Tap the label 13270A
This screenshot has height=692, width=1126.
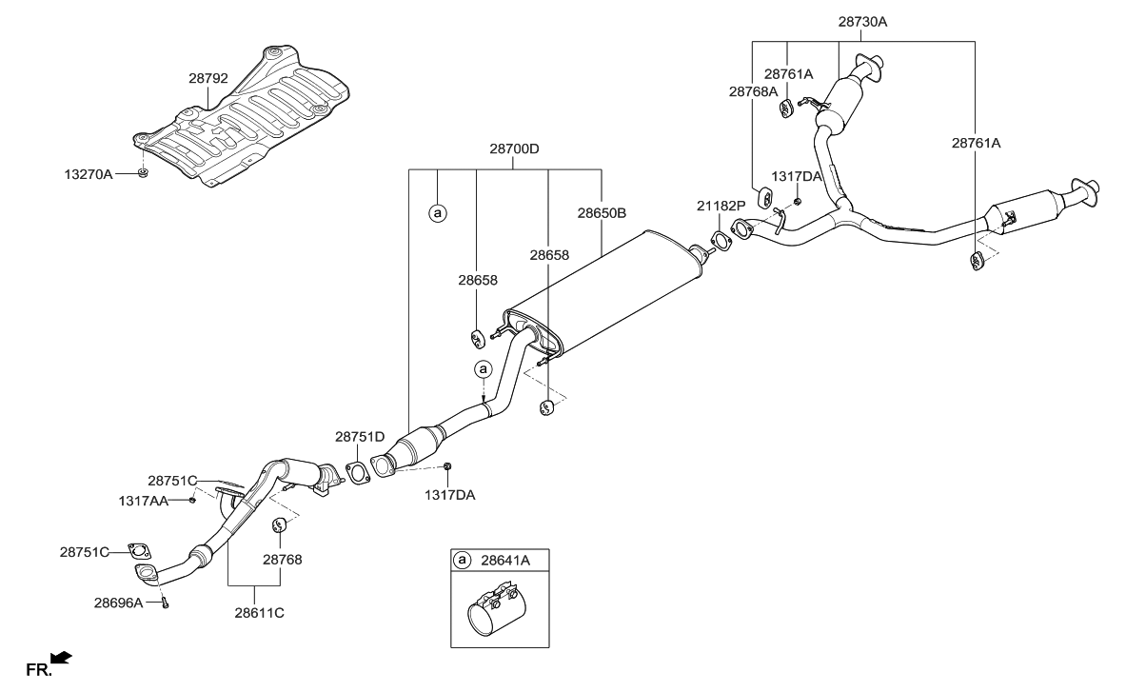[89, 174]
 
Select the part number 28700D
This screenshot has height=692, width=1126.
[515, 149]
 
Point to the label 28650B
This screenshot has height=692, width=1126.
[602, 213]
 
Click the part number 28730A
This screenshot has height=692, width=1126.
[862, 21]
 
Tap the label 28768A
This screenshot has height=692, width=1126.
[754, 91]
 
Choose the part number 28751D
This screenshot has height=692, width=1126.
[359, 437]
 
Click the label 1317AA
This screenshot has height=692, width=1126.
[144, 500]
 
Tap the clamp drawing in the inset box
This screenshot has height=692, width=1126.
[495, 614]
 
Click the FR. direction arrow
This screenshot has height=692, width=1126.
[61, 657]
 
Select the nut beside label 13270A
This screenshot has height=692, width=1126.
[141, 173]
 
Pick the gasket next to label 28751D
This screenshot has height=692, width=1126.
[355, 472]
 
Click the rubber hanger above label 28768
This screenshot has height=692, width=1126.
[280, 524]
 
